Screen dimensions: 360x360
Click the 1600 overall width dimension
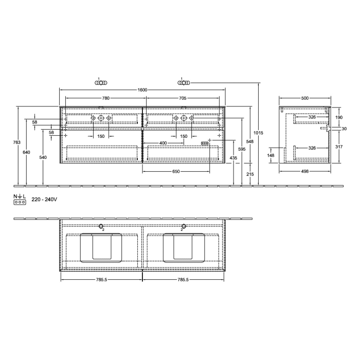tap(142, 90)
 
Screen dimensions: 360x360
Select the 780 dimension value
tap(105, 98)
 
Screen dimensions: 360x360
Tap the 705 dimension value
tap(182, 98)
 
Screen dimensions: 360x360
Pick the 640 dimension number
tap(27, 152)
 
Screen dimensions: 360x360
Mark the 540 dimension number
tap(43, 157)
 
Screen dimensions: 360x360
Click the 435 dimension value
tap(233, 157)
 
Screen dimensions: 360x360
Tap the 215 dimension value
tap(250, 175)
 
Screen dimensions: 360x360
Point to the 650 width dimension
tap(175, 171)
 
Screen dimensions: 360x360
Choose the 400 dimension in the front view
tap(163, 142)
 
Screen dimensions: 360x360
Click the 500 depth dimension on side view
tap(305, 98)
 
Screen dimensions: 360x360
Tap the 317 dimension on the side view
tap(338, 147)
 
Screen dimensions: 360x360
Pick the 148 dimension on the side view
tap(271, 155)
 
